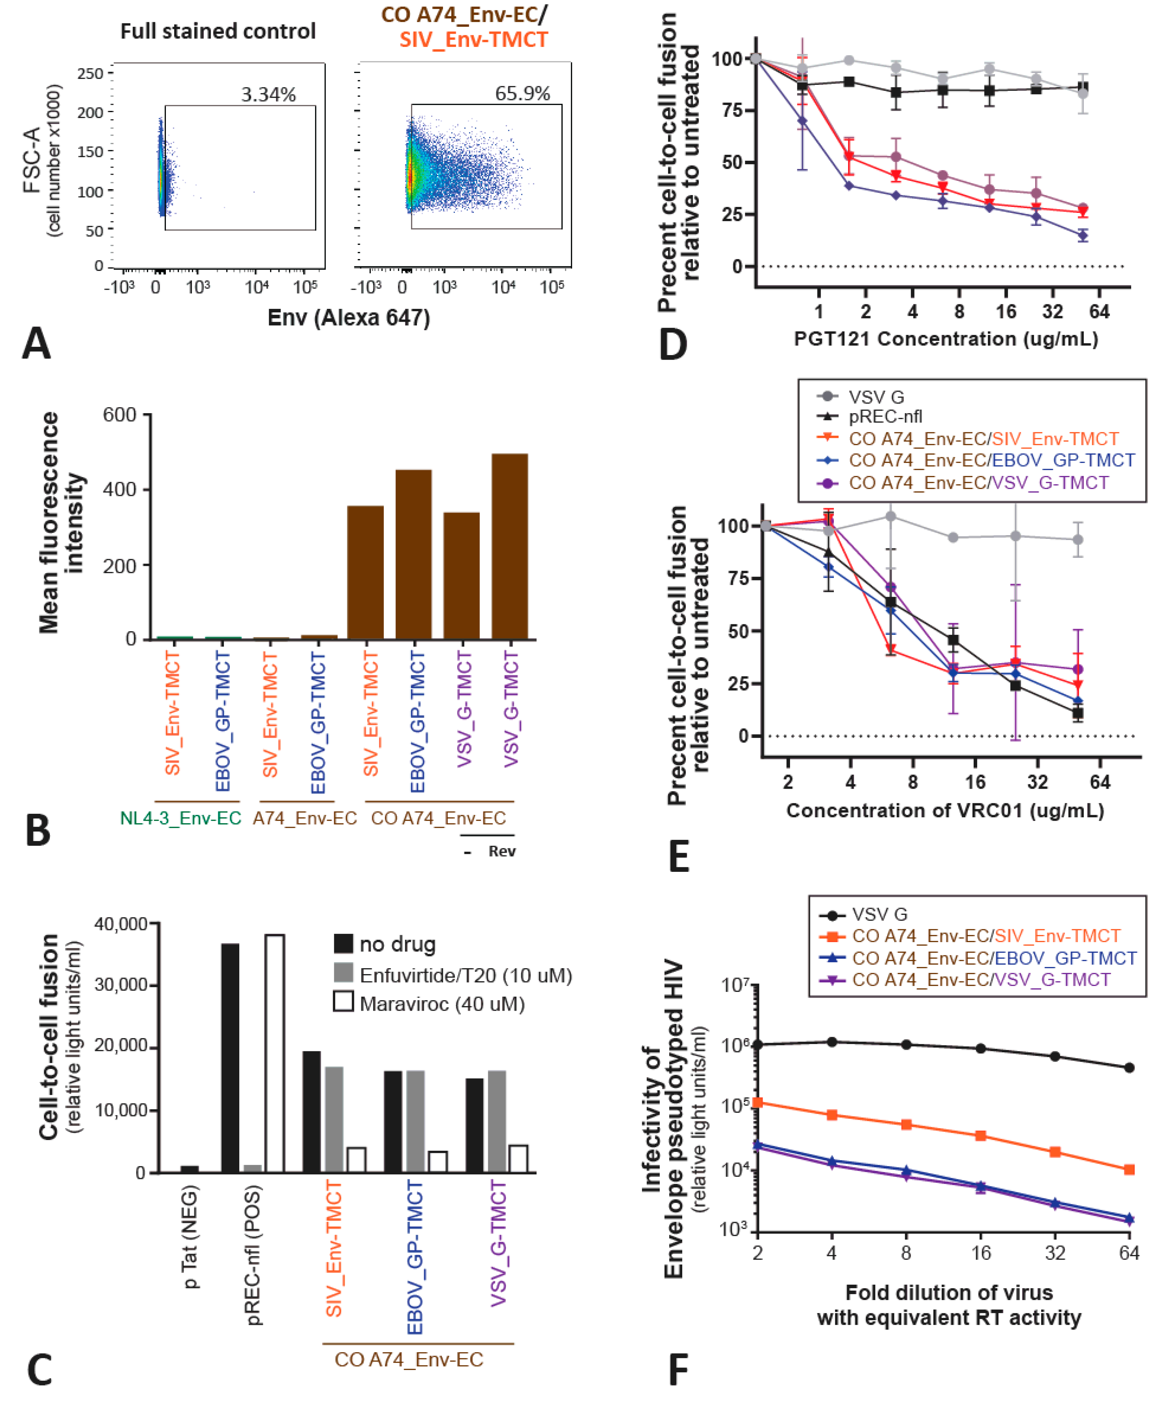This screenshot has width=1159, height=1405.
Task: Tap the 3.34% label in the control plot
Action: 268,95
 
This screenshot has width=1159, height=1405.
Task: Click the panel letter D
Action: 673,344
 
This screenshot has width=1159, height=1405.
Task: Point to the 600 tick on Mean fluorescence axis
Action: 120,415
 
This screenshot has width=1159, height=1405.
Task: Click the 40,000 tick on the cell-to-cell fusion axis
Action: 121,924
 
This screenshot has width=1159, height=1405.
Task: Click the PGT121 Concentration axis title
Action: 945,339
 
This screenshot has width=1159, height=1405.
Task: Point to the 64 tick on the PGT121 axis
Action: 1099,311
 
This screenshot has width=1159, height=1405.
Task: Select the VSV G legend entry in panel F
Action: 879,914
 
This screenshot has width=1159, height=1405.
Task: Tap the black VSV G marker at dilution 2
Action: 757,1044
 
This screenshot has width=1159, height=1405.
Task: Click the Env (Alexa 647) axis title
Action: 348,318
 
